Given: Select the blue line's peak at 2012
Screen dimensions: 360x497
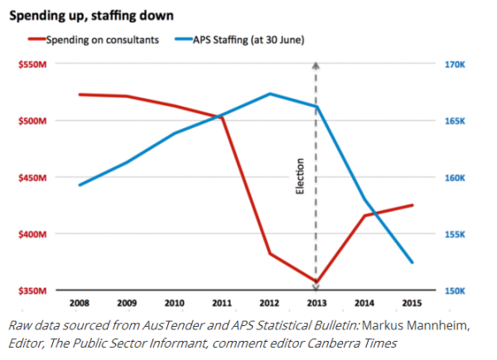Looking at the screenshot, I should click(x=269, y=94).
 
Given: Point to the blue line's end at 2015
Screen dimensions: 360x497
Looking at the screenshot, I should click(x=412, y=262).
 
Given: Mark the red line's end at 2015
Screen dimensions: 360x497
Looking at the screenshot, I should click(x=412, y=204).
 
